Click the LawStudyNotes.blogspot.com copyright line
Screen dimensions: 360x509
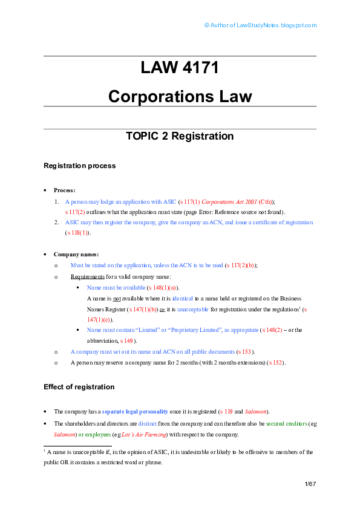pyautogui.click(x=260, y=25)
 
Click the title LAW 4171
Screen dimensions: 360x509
pyautogui.click(x=180, y=68)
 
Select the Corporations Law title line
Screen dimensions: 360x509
pyautogui.click(x=180, y=96)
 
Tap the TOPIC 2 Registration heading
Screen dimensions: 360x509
pyautogui.click(x=180, y=135)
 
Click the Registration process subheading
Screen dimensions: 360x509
pyautogui.click(x=80, y=166)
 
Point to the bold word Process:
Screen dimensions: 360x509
pyautogui.click(x=64, y=190)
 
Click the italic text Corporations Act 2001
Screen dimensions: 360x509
pyautogui.click(x=229, y=201)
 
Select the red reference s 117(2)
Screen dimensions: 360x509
pyautogui.click(x=75, y=212)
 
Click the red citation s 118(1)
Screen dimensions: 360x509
pyautogui.click(x=77, y=232)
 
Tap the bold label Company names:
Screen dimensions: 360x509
pyautogui.click(x=76, y=254)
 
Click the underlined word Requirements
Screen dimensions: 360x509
pyautogui.click(x=87, y=277)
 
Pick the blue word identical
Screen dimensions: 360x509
pyautogui.click(x=183, y=298)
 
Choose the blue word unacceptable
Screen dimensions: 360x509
pyautogui.click(x=192, y=310)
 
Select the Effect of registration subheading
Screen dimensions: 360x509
pyautogui.click(x=79, y=387)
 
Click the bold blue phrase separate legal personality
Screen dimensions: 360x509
pyautogui.click(x=135, y=412)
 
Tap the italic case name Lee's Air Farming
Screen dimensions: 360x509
pyautogui.click(x=144, y=434)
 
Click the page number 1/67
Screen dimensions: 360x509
pyautogui.click(x=310, y=484)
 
